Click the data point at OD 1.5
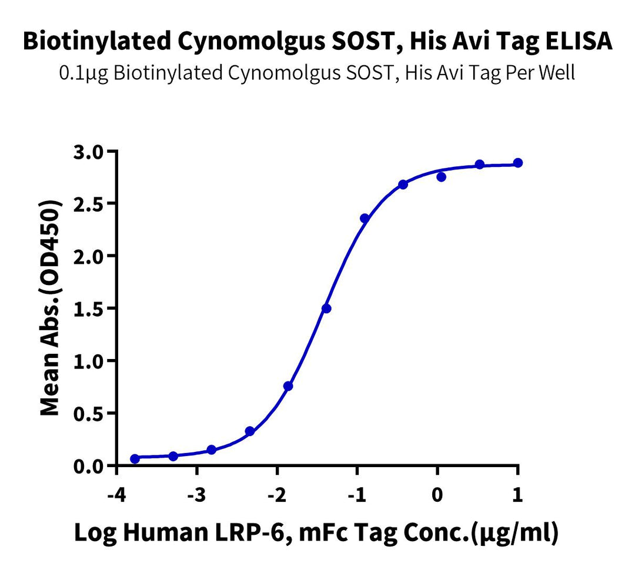326,309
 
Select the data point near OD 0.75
288,386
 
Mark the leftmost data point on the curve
135,458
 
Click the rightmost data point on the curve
517,163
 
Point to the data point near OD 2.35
365,219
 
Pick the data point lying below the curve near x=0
442,177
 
